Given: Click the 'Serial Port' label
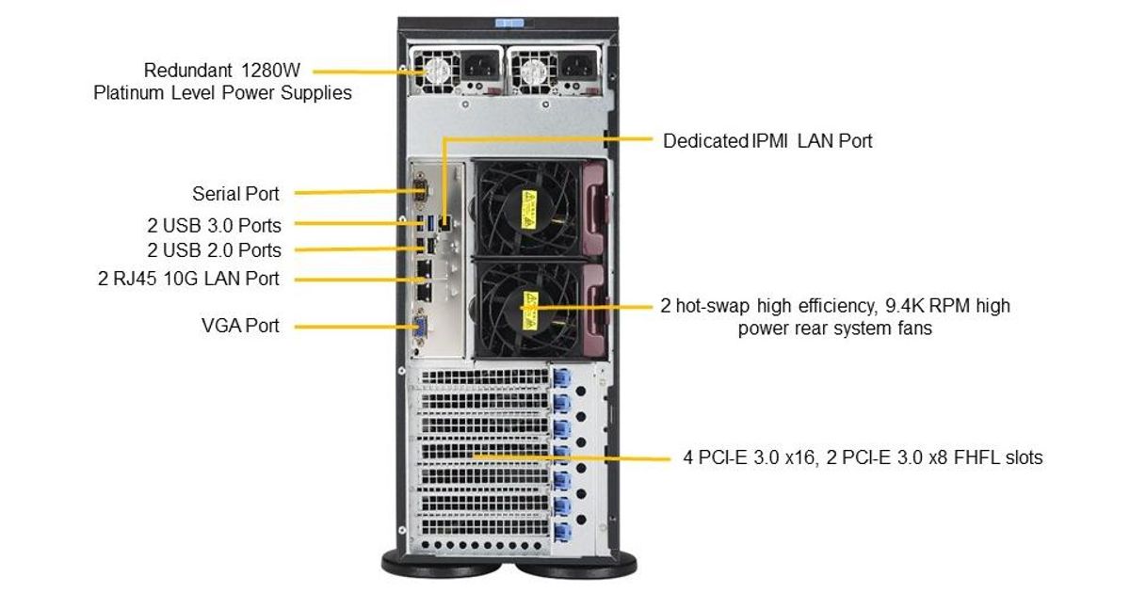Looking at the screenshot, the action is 235,194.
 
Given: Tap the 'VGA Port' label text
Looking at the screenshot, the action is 240,326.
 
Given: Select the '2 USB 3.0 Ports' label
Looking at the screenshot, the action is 215,225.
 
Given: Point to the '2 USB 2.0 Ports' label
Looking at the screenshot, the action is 215,250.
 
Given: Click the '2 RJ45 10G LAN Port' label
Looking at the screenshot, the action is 188,279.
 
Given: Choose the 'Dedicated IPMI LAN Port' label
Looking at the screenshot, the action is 767,141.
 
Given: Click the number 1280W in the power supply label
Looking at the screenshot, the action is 270,70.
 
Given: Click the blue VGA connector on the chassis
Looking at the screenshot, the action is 420,328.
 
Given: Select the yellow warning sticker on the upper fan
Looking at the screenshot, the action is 528,209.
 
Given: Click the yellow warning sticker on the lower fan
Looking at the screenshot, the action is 529,310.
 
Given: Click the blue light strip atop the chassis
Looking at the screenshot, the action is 509,24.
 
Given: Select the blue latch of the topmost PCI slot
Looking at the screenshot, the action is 561,377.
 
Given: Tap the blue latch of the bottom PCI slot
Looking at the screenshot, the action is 562,533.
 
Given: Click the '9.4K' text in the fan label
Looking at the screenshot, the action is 905,306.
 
